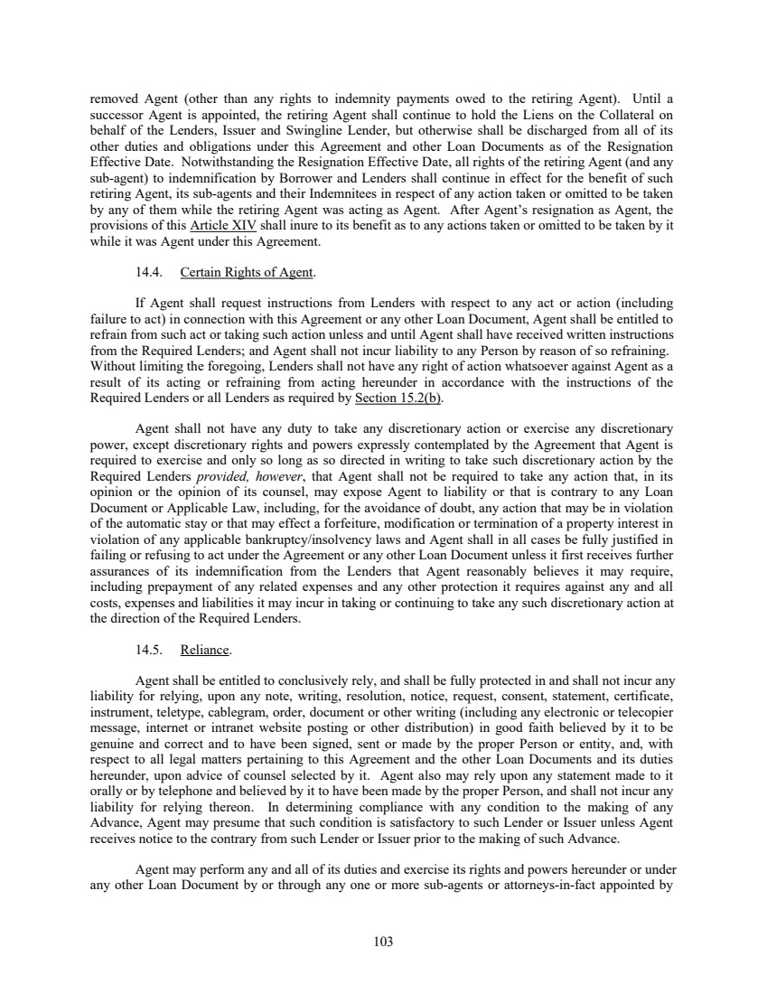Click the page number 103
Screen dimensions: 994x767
click(x=383, y=942)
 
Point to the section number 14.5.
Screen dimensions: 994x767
click(x=149, y=649)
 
